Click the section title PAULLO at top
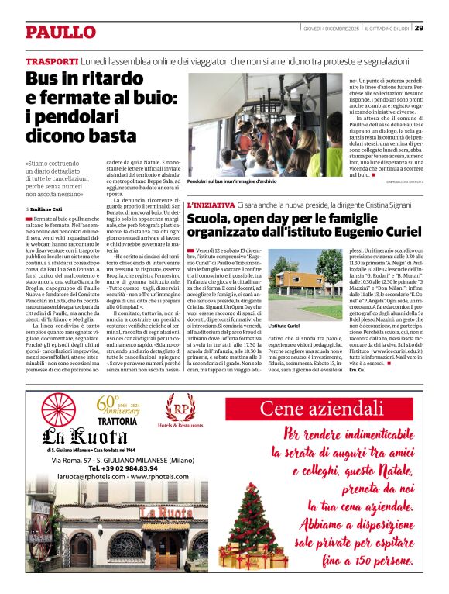[x=60, y=32]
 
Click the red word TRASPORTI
[x=52, y=61]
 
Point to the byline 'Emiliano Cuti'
[x=52, y=209]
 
